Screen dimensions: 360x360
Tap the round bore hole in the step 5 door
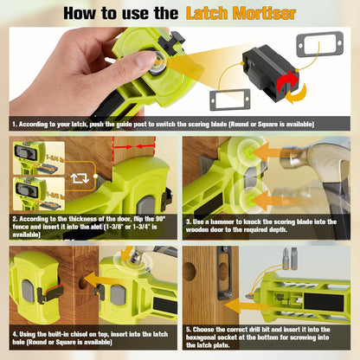189,269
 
